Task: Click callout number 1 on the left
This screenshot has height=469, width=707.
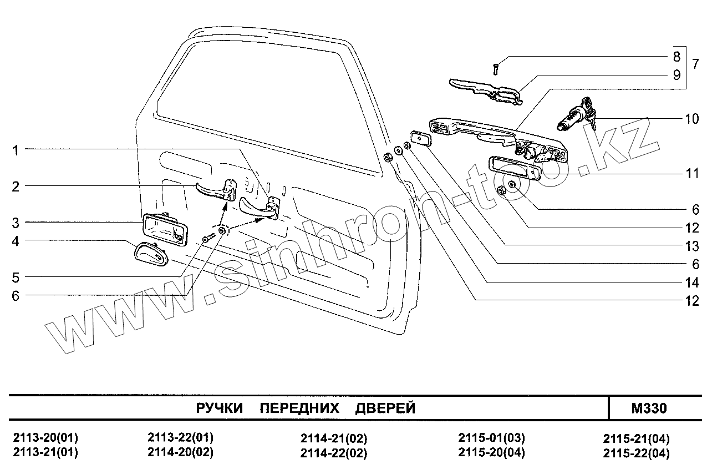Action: point(16,150)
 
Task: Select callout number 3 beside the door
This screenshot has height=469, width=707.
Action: point(16,223)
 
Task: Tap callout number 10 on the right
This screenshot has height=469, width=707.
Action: point(691,119)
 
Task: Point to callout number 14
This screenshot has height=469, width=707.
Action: point(691,283)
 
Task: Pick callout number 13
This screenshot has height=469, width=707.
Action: point(691,246)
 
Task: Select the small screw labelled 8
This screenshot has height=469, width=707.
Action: point(496,69)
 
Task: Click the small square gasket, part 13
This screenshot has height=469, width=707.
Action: point(420,139)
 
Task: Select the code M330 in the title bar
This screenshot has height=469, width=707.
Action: point(649,409)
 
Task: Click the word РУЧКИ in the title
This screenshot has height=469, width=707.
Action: point(220,409)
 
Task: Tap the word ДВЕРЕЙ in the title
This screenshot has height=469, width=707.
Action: point(385,409)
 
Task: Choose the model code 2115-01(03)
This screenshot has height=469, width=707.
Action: point(491,437)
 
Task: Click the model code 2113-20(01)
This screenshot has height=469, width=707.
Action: point(45,437)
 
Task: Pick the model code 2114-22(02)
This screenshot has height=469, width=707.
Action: point(333,453)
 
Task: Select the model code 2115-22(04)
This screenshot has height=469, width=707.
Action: point(636,453)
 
